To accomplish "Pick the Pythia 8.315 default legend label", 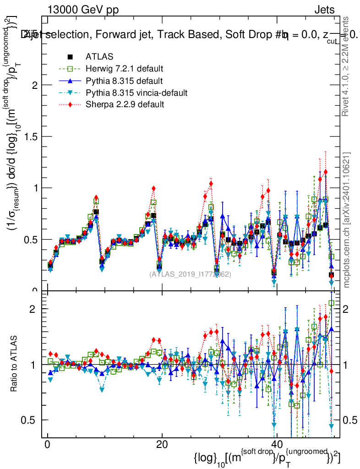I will coord(124,81).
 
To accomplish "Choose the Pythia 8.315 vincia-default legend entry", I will coord(136,93).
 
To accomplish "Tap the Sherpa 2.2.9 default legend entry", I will coord(125,105).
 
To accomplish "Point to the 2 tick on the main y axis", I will coord(38,85).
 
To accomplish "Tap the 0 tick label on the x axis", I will coord(47,445).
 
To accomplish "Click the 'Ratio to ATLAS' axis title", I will coord(15,364).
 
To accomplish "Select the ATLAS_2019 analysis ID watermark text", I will coord(190,274).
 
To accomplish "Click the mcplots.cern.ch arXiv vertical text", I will coord(347,220).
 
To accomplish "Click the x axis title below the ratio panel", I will coord(267,458).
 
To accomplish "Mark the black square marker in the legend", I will coord(71,57).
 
